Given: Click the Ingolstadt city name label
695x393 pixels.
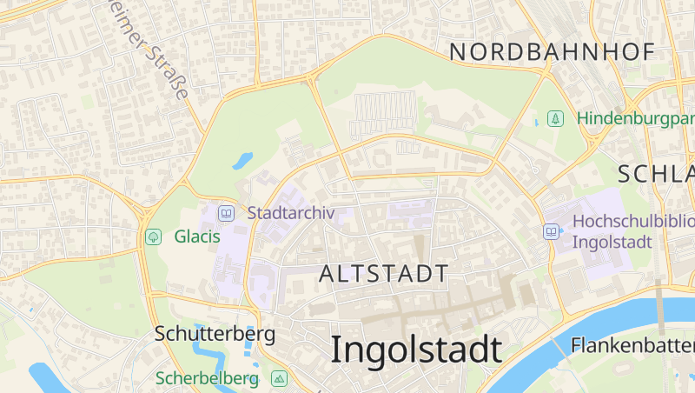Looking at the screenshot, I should pos(416,350).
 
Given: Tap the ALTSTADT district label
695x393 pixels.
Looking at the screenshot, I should pos(384,274).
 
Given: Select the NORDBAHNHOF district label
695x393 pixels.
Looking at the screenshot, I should pos(552,52).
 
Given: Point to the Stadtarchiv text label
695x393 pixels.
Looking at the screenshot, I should pos(291,212).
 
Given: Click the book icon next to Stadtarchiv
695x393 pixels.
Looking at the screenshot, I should pos(226,212).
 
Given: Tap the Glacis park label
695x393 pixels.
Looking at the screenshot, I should pos(197,236).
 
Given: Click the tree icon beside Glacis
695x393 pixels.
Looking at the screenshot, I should pos(154,236).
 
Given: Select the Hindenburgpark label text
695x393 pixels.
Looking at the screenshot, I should pos(635,117).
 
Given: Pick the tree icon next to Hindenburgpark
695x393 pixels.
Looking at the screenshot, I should pos(556,117).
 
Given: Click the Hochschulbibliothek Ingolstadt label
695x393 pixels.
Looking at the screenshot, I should pos(632,231).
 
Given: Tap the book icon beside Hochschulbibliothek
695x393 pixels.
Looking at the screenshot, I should pos(551,231).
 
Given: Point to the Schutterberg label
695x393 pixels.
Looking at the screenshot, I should pos(215,333).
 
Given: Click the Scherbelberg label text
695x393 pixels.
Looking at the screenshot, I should pos(208,378).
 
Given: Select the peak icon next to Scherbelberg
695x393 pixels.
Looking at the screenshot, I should pos(279,378).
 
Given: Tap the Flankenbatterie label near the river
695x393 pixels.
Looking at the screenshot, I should pos(632,345).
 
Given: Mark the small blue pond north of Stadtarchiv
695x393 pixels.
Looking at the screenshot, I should pos(242,161).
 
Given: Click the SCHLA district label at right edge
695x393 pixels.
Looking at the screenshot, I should pos(656,172).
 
